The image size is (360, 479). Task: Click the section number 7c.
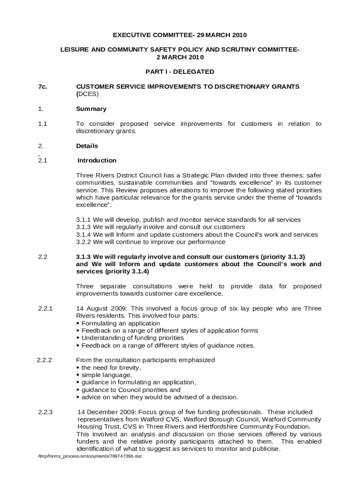tap(43, 87)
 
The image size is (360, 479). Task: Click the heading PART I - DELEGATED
tap(180, 72)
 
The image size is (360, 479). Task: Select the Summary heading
tap(91, 109)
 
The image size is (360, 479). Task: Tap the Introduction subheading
tap(97, 160)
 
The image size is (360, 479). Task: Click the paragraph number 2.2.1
tap(45, 308)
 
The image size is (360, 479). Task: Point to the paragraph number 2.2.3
tap(45, 412)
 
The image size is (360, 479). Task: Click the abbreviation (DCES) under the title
tap(87, 94)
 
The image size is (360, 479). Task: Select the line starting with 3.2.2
tap(151, 242)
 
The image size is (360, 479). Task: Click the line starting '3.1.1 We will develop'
tap(188, 219)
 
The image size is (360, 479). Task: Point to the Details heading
tap(87, 146)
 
